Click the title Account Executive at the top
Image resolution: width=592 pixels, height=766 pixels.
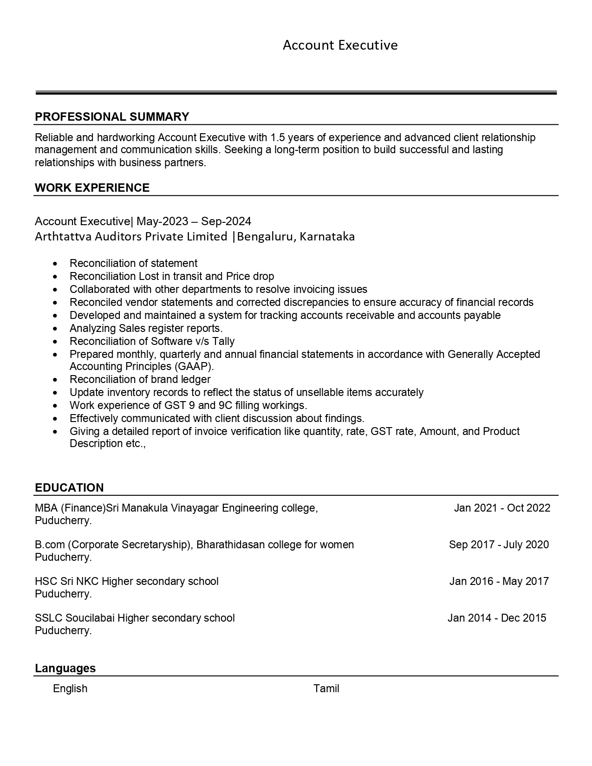click(340, 45)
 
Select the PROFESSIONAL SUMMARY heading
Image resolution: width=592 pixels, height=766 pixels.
click(112, 117)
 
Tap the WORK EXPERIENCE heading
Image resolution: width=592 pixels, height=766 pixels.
click(92, 188)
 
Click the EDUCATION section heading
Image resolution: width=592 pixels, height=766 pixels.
click(69, 487)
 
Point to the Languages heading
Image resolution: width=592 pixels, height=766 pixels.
click(65, 668)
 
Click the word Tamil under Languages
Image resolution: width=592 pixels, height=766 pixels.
click(326, 688)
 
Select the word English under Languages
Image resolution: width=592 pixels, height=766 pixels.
click(70, 688)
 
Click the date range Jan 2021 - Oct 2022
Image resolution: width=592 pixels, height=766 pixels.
click(502, 508)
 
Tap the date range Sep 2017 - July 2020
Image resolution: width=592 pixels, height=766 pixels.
click(499, 545)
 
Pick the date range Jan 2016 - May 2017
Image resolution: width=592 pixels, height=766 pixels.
click(499, 581)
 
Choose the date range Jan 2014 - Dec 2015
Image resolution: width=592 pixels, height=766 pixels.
click(497, 618)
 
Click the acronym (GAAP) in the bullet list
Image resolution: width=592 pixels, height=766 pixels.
click(194, 366)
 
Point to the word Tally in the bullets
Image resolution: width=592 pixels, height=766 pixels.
click(223, 341)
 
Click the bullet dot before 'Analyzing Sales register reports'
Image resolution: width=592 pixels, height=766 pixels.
click(56, 329)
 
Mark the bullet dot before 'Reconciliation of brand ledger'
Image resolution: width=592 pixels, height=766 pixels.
click(56, 380)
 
